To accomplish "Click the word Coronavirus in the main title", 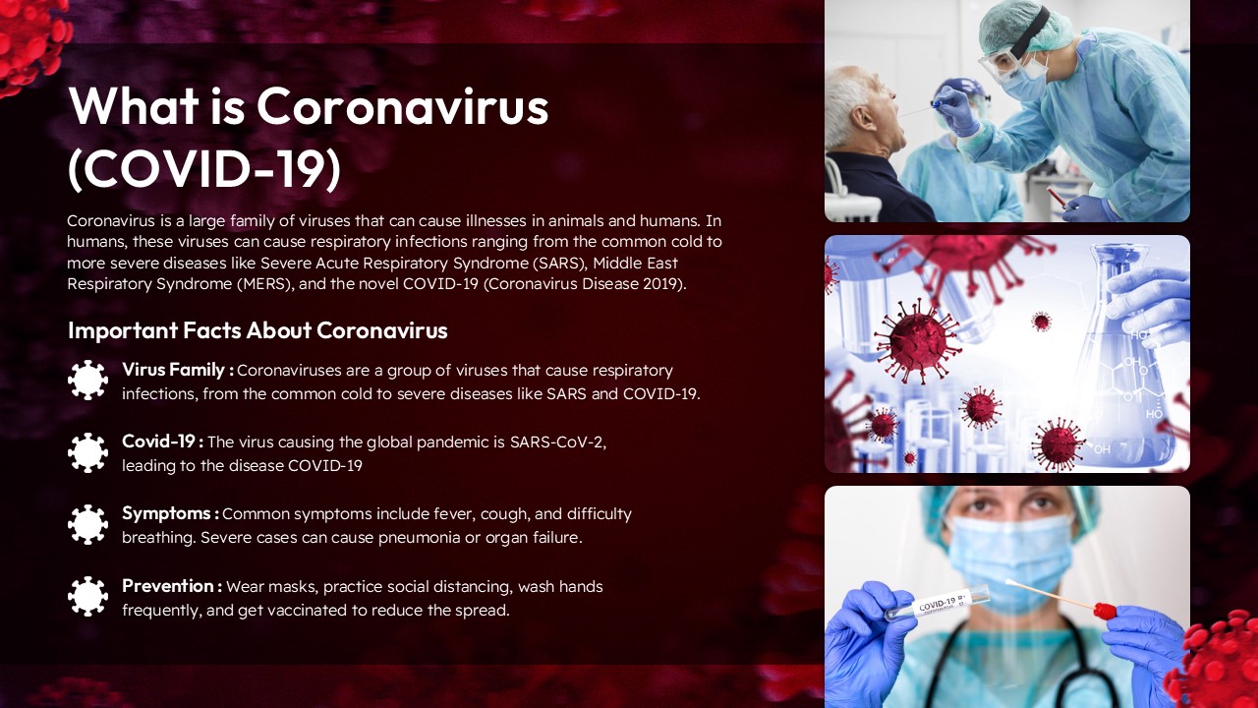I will coord(402,106).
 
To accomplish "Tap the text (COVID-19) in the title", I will coord(204,168).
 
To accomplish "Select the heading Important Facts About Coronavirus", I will coord(257,330).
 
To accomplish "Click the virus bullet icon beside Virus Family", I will coord(87,380).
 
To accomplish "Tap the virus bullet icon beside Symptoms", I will coord(87,524).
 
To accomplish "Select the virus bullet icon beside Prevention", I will coord(87,596).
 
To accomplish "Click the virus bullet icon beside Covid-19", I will coord(87,452).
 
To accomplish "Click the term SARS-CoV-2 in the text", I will coord(556,442).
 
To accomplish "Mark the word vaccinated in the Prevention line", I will coord(350,611).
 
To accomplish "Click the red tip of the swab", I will coord(1106,611).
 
